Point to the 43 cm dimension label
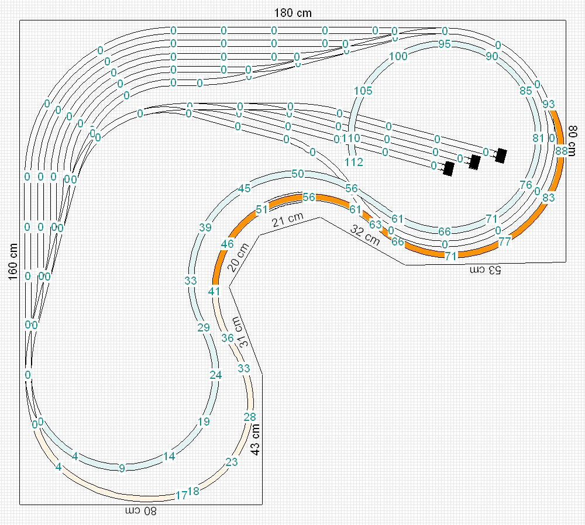[x=255, y=438]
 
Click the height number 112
[x=354, y=162]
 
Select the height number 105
[x=363, y=91]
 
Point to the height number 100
[x=398, y=57]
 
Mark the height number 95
[x=445, y=44]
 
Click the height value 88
[x=562, y=151]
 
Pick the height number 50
[x=297, y=174]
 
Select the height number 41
[x=214, y=291]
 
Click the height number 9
[x=122, y=468]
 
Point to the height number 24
[x=216, y=375]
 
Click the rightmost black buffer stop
[x=501, y=155]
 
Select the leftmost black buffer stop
[x=449, y=169]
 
